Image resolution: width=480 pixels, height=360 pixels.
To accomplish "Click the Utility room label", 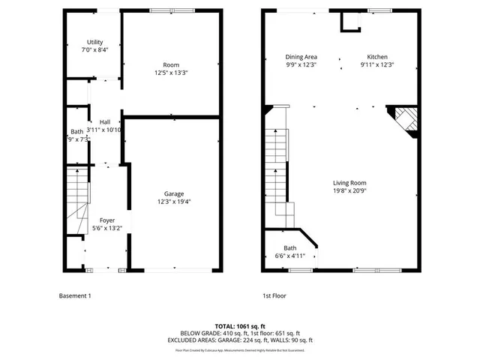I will (94, 42).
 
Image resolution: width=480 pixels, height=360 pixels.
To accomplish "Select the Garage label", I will (174, 193).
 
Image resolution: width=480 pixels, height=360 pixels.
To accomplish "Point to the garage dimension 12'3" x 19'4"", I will (174, 201).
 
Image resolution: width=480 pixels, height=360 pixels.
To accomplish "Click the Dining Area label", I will (301, 57).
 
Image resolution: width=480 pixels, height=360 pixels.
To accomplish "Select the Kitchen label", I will (377, 57).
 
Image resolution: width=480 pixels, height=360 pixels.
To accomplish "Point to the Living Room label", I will (349, 182).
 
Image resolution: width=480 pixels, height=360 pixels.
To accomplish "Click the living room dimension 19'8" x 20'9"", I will (349, 190).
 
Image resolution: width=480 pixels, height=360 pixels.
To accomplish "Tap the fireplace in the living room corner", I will (403, 120).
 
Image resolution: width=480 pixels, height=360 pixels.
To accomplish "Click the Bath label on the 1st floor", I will (289, 248).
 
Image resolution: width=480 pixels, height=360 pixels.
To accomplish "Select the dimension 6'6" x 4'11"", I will (289, 256).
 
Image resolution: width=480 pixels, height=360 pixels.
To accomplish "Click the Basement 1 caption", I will (75, 295).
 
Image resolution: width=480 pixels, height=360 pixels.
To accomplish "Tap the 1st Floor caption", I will (274, 295).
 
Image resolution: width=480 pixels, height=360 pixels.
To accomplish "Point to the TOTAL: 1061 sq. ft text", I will (239, 326).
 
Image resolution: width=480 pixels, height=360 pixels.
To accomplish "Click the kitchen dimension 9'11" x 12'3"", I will (377, 64).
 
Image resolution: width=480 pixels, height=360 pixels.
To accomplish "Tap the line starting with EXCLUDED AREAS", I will (239, 340).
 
